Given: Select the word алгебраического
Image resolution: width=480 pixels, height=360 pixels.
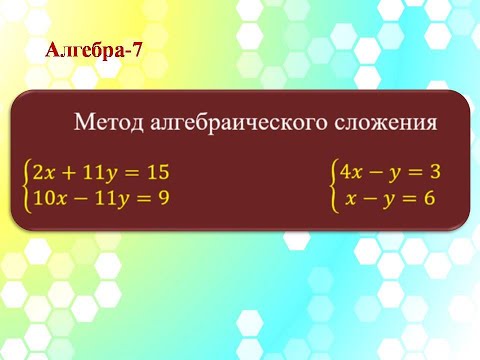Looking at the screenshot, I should coord(235,125).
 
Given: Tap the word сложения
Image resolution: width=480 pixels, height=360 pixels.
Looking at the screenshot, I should coord(385,124).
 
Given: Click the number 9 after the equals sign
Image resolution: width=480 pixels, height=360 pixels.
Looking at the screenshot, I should coord(162,198).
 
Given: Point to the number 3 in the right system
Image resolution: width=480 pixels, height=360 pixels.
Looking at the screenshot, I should coord(433,172).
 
